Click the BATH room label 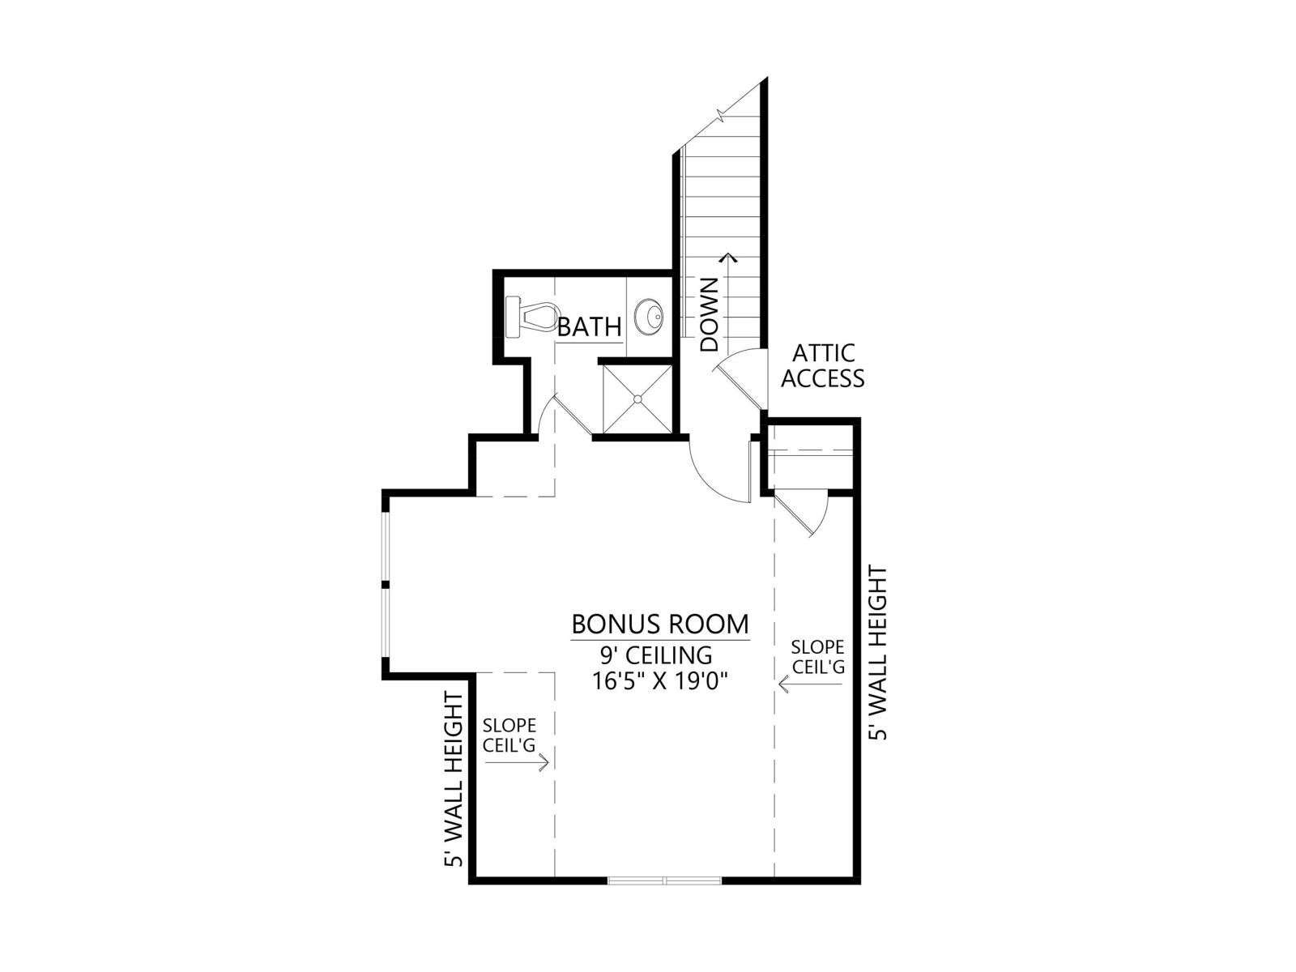(589, 326)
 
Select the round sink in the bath (650, 318)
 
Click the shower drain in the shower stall (637, 399)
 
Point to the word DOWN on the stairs (709, 314)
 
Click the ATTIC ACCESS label (822, 366)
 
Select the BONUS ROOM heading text (660, 624)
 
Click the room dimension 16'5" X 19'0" (659, 682)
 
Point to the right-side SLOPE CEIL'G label (818, 657)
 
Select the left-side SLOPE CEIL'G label (509, 735)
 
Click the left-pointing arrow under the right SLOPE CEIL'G (811, 684)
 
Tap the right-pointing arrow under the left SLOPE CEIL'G (517, 763)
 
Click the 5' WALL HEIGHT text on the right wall (878, 653)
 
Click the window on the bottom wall (665, 897)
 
